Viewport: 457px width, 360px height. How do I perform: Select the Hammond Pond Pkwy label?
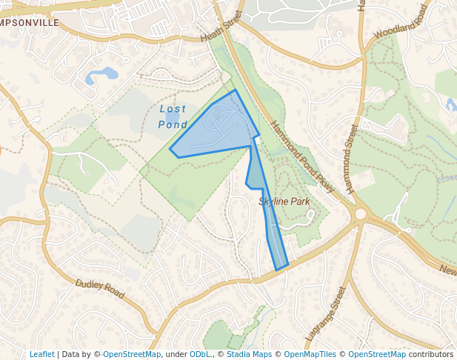pos(301,157)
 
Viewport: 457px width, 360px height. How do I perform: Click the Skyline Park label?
pos(283,201)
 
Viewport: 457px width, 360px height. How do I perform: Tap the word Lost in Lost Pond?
pos(173,109)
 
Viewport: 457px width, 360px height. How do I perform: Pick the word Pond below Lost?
pos(173,124)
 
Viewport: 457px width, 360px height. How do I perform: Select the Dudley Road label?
pos(99,289)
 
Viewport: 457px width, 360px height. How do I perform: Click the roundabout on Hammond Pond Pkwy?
pos(361,214)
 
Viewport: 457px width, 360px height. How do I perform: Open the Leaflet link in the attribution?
pos(41,354)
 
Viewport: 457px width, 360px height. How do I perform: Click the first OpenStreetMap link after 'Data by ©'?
pos(131,354)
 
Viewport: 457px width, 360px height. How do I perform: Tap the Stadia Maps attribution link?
pos(249,354)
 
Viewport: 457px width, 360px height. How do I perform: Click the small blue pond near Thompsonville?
pos(103,74)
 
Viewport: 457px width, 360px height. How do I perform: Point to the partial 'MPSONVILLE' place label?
pos(30,23)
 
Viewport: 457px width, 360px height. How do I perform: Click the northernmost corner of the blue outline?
pos(236,90)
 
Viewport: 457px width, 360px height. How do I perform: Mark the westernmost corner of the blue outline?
pos(170,150)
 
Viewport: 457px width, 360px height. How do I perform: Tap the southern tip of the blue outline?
pos(278,270)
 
